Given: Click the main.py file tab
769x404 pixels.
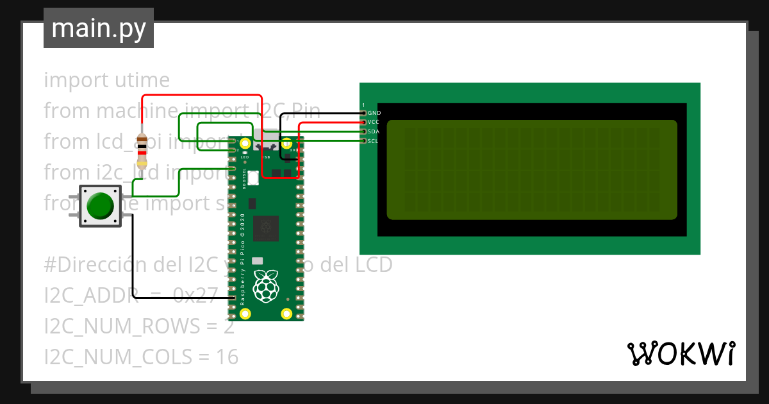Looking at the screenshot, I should (x=98, y=28).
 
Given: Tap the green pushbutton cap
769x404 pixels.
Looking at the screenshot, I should (x=100, y=206).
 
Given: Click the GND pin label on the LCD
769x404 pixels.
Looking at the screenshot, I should (x=374, y=113).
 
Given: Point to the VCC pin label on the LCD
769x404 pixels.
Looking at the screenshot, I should (x=374, y=122).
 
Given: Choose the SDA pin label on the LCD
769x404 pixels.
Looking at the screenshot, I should (x=374, y=131).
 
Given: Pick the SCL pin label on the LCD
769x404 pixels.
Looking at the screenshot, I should (x=374, y=140).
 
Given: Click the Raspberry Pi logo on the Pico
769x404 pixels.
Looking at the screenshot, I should (x=266, y=286).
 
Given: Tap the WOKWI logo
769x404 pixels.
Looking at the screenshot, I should (x=680, y=353).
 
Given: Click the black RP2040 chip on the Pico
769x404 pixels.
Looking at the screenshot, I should (x=265, y=228).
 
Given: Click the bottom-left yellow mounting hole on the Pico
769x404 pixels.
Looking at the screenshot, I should (x=245, y=314).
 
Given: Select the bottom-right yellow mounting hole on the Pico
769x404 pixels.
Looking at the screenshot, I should (x=286, y=314).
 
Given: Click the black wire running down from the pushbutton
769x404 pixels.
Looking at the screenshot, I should (x=133, y=257).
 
